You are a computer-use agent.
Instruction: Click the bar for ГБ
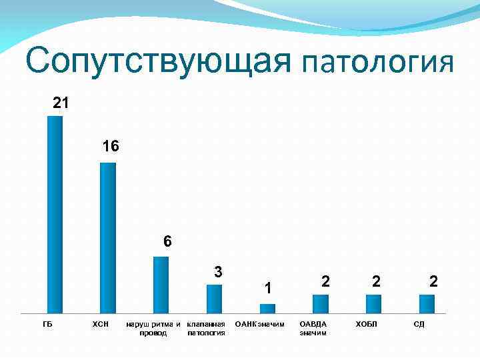55,214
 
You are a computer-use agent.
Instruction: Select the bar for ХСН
108,237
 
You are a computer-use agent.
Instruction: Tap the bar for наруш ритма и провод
161,285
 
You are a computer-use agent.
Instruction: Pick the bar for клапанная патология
214,299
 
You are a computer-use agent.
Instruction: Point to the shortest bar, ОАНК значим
267,308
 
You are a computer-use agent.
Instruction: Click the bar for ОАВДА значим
321,303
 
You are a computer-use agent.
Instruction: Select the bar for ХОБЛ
373,303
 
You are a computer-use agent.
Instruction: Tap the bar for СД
427,303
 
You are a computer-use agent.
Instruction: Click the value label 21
61,103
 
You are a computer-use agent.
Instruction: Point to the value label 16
111,146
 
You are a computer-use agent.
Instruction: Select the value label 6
168,242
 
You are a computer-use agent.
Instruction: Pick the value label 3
218,272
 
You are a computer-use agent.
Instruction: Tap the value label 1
267,288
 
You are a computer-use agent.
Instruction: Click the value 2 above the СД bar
433,281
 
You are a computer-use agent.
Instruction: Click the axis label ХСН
100,324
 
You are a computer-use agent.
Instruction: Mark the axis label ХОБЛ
366,324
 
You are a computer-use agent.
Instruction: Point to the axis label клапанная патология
207,328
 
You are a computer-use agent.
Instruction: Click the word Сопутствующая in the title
159,61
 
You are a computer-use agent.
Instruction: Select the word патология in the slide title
377,63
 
